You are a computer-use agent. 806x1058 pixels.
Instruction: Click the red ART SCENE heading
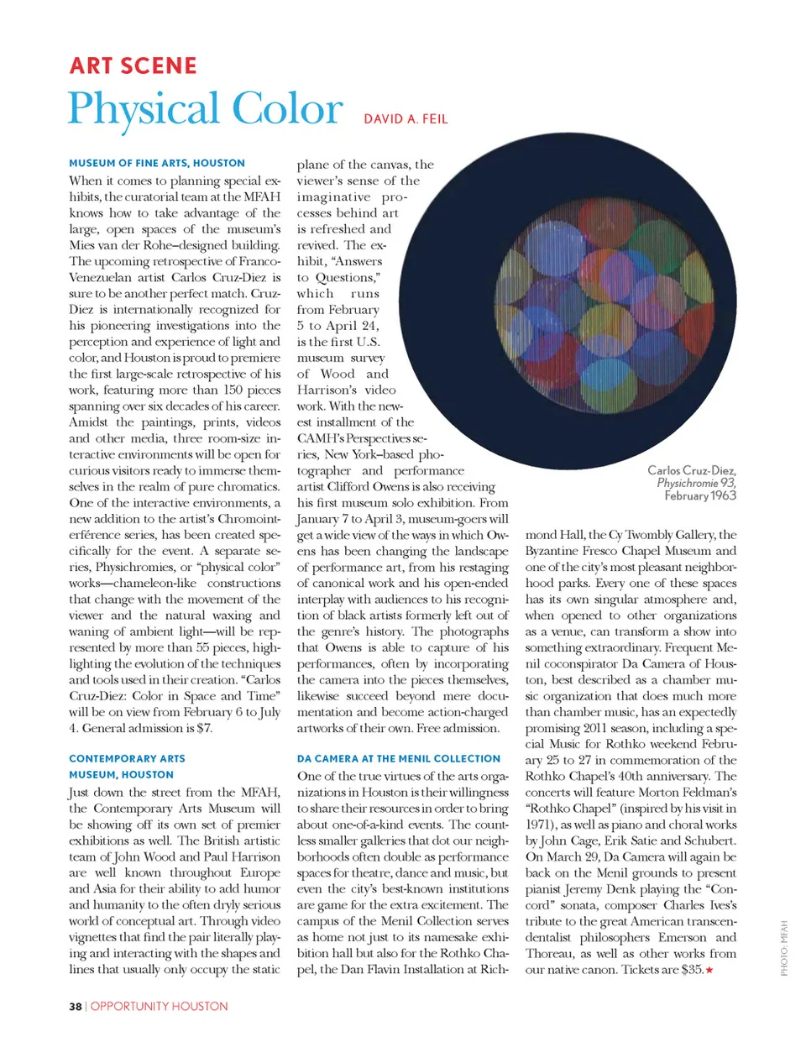[x=133, y=65]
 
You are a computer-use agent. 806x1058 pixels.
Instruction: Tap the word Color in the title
[x=287, y=110]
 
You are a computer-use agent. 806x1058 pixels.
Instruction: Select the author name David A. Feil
[x=406, y=119]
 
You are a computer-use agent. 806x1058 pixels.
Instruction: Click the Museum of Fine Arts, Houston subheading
[x=157, y=163]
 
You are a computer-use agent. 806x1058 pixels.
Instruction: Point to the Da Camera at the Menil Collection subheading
[x=398, y=758]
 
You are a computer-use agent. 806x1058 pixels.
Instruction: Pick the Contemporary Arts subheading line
[x=127, y=758]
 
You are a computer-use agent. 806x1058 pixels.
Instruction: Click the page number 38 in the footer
[x=76, y=1006]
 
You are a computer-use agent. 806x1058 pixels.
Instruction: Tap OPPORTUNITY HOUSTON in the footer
[x=159, y=1006]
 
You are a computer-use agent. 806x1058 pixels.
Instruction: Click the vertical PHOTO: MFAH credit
[x=784, y=948]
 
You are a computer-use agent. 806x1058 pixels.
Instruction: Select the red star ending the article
[x=709, y=971]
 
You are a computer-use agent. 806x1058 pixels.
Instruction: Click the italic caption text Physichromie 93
[x=696, y=483]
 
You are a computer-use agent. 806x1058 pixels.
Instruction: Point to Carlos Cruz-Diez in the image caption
[x=691, y=470]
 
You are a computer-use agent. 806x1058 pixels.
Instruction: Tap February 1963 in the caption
[x=699, y=496]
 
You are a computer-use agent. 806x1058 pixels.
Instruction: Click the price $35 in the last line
[x=692, y=970]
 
